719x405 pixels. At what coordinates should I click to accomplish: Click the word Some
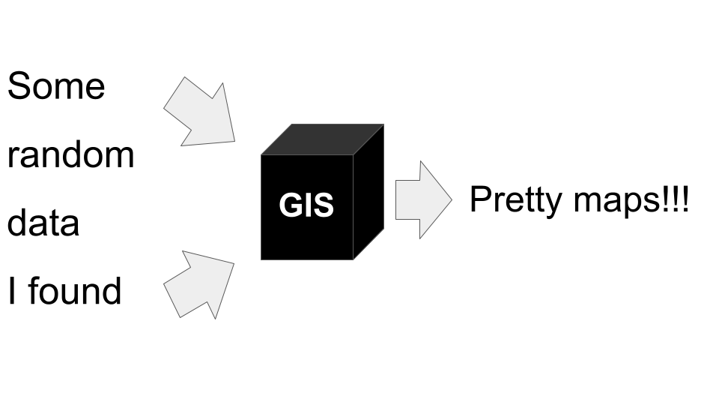coord(56,85)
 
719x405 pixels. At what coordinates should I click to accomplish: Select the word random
coord(70,154)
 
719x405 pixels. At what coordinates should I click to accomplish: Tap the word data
coord(43,222)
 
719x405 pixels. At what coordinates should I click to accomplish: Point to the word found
coord(75,290)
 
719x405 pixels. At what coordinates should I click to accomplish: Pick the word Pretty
coord(516,199)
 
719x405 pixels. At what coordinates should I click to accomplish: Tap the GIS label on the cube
coord(306,205)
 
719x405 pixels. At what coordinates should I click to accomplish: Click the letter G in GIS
coord(291,205)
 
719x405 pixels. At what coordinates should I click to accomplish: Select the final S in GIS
coord(323,205)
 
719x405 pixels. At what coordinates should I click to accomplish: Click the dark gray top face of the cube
coord(322,139)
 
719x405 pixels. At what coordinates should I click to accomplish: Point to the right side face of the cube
coord(368,192)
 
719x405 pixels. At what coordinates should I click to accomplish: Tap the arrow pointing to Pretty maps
coord(422,199)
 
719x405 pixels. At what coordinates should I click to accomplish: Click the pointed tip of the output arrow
coord(452,199)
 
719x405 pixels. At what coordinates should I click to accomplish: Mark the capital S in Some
coord(18,85)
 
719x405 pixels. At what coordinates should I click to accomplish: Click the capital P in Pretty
coord(481,198)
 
